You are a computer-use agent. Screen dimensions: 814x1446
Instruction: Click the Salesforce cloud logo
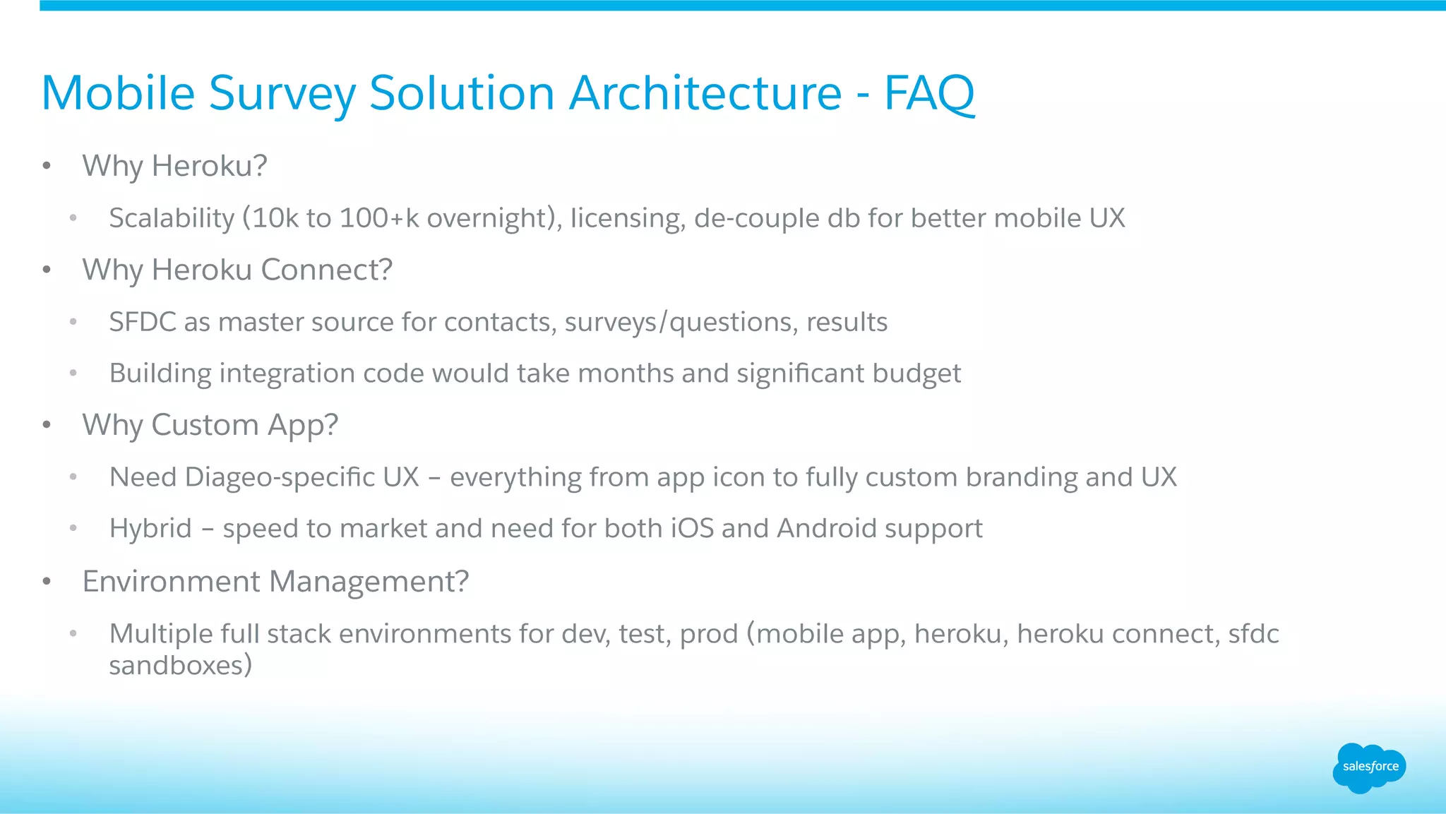(1369, 767)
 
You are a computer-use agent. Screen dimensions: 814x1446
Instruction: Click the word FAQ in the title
(929, 93)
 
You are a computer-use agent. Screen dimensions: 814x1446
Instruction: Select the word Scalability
(171, 218)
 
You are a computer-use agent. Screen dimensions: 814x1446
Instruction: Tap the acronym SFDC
(143, 322)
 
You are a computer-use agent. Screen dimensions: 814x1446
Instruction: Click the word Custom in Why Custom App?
(205, 425)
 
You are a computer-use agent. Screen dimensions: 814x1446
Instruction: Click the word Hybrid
(150, 529)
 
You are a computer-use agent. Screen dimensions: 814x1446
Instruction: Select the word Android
(826, 529)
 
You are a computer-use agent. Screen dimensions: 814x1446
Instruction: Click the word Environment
(171, 582)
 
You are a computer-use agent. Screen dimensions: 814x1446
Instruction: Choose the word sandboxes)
(180, 665)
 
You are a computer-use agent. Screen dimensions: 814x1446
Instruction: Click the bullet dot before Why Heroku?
(47, 167)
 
